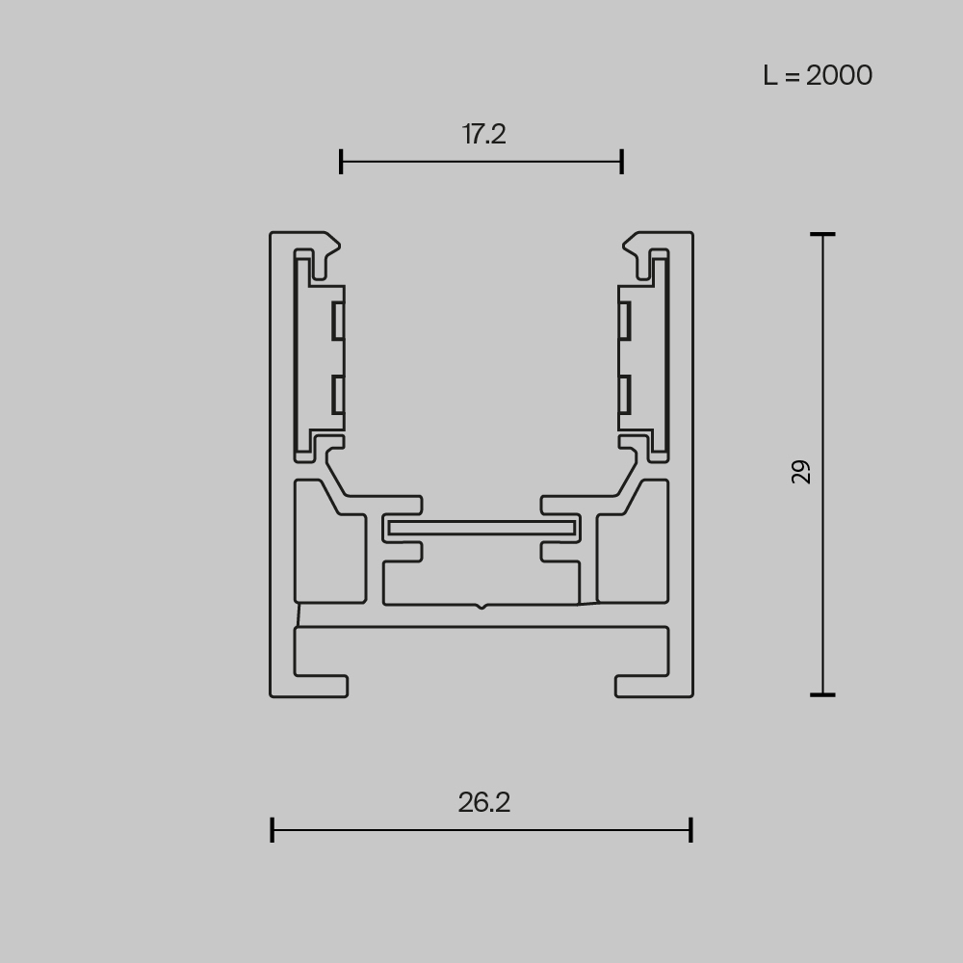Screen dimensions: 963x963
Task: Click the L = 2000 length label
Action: pos(818,75)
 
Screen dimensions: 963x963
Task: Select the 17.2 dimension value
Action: pos(483,134)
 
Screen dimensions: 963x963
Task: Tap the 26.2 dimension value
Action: pos(483,802)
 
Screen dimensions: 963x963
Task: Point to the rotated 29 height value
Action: pos(801,471)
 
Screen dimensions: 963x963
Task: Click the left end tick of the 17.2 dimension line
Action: pos(341,162)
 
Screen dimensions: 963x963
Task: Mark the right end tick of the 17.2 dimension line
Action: pos(622,162)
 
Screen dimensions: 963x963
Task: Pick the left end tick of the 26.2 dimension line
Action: pos(273,830)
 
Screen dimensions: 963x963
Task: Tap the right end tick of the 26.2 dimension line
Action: pos(690,830)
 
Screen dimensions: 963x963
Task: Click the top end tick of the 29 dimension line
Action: pos(821,234)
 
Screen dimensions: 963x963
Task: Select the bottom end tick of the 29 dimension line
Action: pos(821,693)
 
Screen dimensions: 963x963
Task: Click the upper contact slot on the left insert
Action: pos(338,321)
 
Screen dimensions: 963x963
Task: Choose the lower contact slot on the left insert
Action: pos(338,395)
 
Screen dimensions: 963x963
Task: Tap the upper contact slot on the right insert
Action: pos(625,321)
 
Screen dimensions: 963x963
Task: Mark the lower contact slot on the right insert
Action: pos(625,395)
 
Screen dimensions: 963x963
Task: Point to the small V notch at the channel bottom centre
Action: pos(481,606)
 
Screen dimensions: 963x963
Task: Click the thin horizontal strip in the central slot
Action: pos(481,528)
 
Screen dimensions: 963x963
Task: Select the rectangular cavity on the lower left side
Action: pos(328,544)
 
